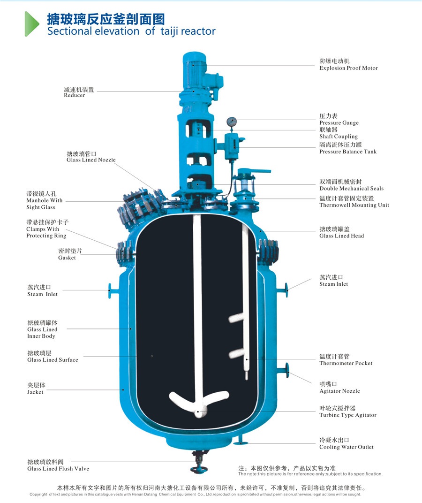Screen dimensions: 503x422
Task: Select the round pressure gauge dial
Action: [231, 122]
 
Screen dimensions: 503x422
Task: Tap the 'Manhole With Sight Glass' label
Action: [44, 200]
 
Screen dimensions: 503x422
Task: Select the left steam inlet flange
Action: [110, 290]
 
